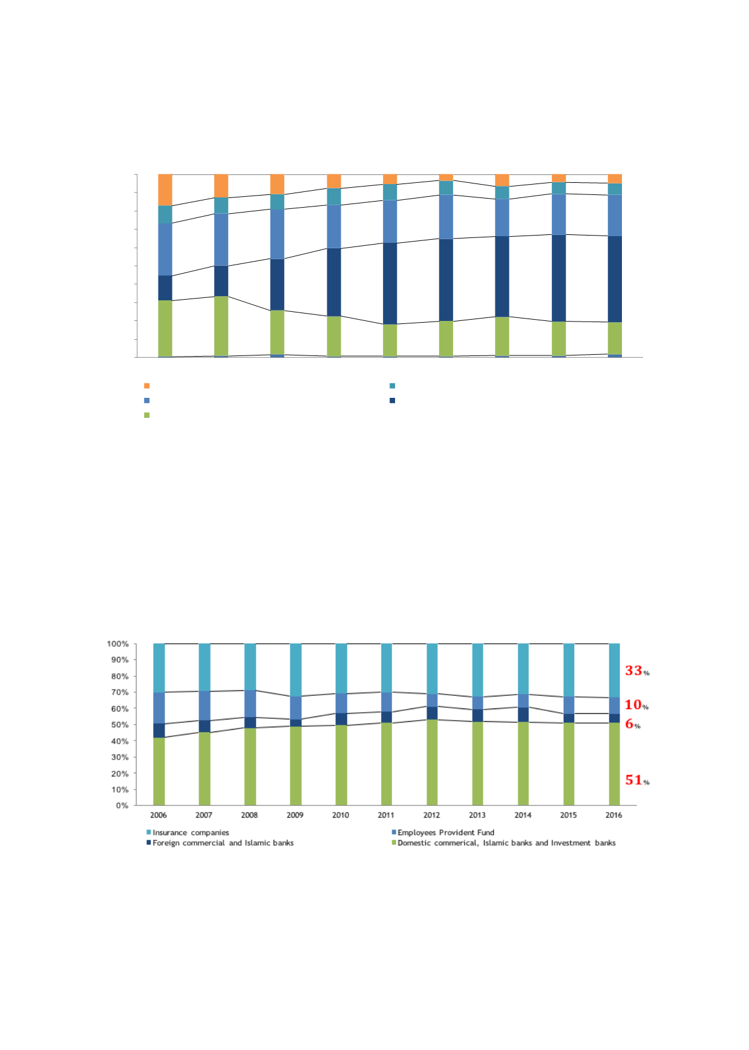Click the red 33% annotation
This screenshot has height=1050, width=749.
[636, 670]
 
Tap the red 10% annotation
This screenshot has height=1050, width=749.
[636, 705]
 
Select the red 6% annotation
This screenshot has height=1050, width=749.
[632, 724]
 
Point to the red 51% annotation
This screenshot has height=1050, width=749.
[636, 780]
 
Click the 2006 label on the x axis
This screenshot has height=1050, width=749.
[159, 815]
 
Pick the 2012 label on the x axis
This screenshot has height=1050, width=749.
[431, 815]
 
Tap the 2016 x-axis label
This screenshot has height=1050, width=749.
[613, 815]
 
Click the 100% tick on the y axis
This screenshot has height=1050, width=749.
[118, 644]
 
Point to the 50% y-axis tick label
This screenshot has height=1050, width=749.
[120, 725]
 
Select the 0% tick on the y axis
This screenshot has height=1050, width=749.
[122, 805]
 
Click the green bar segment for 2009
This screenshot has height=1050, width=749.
[295, 765]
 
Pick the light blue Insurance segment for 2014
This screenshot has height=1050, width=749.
[523, 669]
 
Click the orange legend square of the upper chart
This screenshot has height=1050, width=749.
[146, 386]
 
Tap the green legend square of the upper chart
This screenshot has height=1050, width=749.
[146, 415]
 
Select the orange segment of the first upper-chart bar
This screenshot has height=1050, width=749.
[165, 190]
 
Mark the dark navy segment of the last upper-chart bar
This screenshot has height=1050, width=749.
[615, 279]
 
